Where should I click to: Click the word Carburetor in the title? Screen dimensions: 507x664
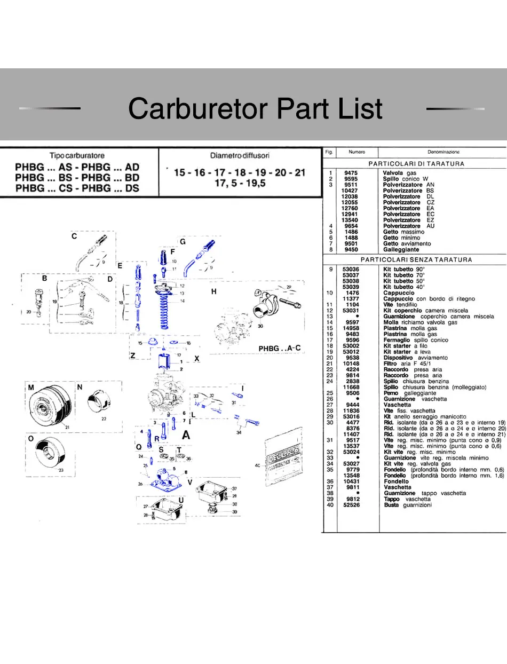tap(199, 108)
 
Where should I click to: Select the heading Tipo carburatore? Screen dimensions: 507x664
tap(77, 155)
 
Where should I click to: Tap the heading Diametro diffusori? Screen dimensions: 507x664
tap(240, 155)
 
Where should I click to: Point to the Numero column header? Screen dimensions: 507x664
tap(357, 152)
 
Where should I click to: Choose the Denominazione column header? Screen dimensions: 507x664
tap(443, 152)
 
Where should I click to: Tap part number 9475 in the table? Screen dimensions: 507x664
tap(351, 173)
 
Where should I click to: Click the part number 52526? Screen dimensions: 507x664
tap(351, 505)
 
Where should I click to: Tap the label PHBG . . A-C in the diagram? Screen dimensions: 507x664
tap(280, 349)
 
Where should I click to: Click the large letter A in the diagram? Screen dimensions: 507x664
tap(186, 435)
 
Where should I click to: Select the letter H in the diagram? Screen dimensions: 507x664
tap(214, 291)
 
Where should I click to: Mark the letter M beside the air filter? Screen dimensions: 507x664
tap(31, 386)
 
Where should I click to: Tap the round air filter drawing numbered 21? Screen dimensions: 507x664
tap(47, 408)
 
